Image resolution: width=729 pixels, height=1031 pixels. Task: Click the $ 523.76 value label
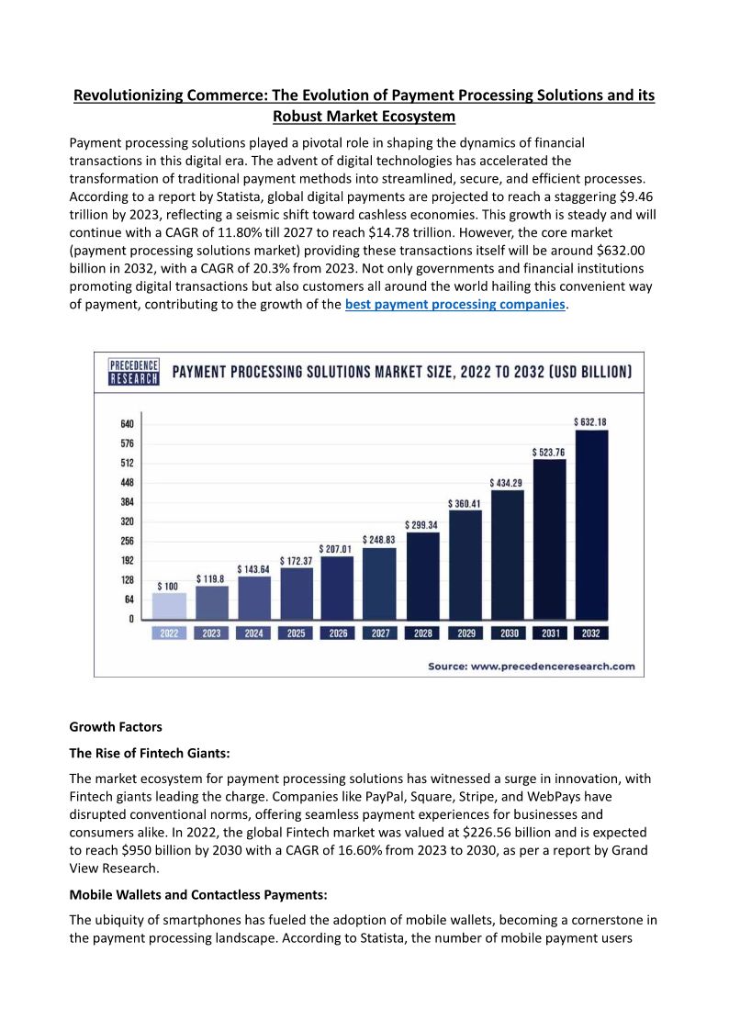pos(548,452)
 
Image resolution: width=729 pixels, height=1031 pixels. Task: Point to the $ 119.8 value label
pos(211,579)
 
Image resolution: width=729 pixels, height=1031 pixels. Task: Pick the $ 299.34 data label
pos(421,524)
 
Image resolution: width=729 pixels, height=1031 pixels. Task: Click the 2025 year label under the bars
pos(296,633)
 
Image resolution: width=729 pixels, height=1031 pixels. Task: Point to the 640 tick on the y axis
pos(127,424)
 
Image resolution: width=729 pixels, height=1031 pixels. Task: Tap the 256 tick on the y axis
pos(127,541)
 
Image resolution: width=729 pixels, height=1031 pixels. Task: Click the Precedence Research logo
pos(134,372)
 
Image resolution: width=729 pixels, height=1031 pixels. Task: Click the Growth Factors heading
pos(116,727)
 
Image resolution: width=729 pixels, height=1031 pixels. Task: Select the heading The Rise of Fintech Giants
pos(149,753)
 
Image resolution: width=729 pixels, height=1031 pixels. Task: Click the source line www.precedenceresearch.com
pos(532,666)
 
